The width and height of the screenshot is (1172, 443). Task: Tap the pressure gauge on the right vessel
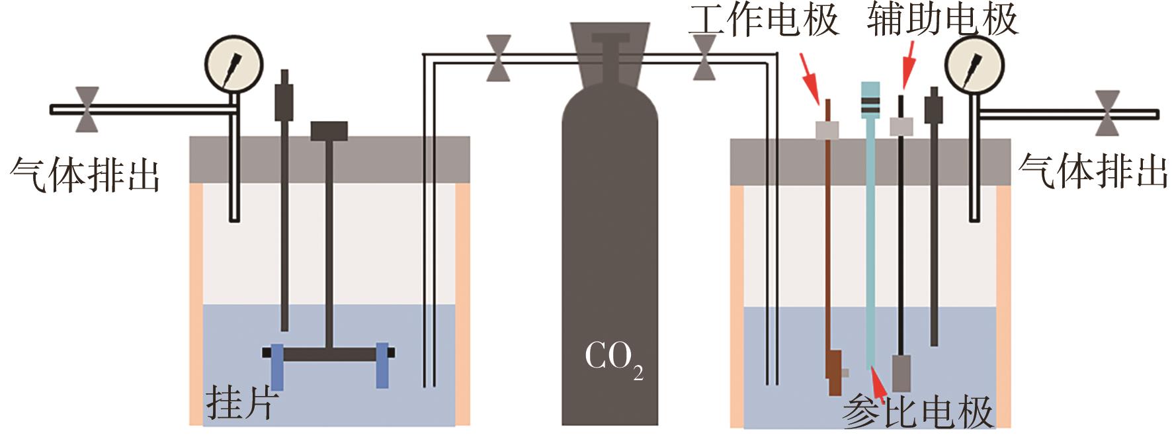pyautogui.click(x=974, y=65)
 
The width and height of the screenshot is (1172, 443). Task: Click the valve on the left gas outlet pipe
pyautogui.click(x=87, y=109)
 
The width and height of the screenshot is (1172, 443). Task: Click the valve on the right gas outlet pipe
pyautogui.click(x=1107, y=113)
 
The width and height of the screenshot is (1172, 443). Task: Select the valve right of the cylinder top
pyautogui.click(x=704, y=58)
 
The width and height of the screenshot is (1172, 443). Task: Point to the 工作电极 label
pyautogui.click(x=764, y=20)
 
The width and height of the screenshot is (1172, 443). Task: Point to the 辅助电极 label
pyautogui.click(x=942, y=20)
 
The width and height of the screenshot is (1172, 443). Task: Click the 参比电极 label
pyautogui.click(x=917, y=411)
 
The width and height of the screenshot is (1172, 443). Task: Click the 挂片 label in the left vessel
pyautogui.click(x=240, y=401)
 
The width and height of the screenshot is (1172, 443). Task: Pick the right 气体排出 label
pyautogui.click(x=1093, y=171)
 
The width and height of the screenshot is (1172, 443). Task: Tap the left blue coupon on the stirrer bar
pyautogui.click(x=276, y=366)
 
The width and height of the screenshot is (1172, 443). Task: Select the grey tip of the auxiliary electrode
pyautogui.click(x=901, y=373)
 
